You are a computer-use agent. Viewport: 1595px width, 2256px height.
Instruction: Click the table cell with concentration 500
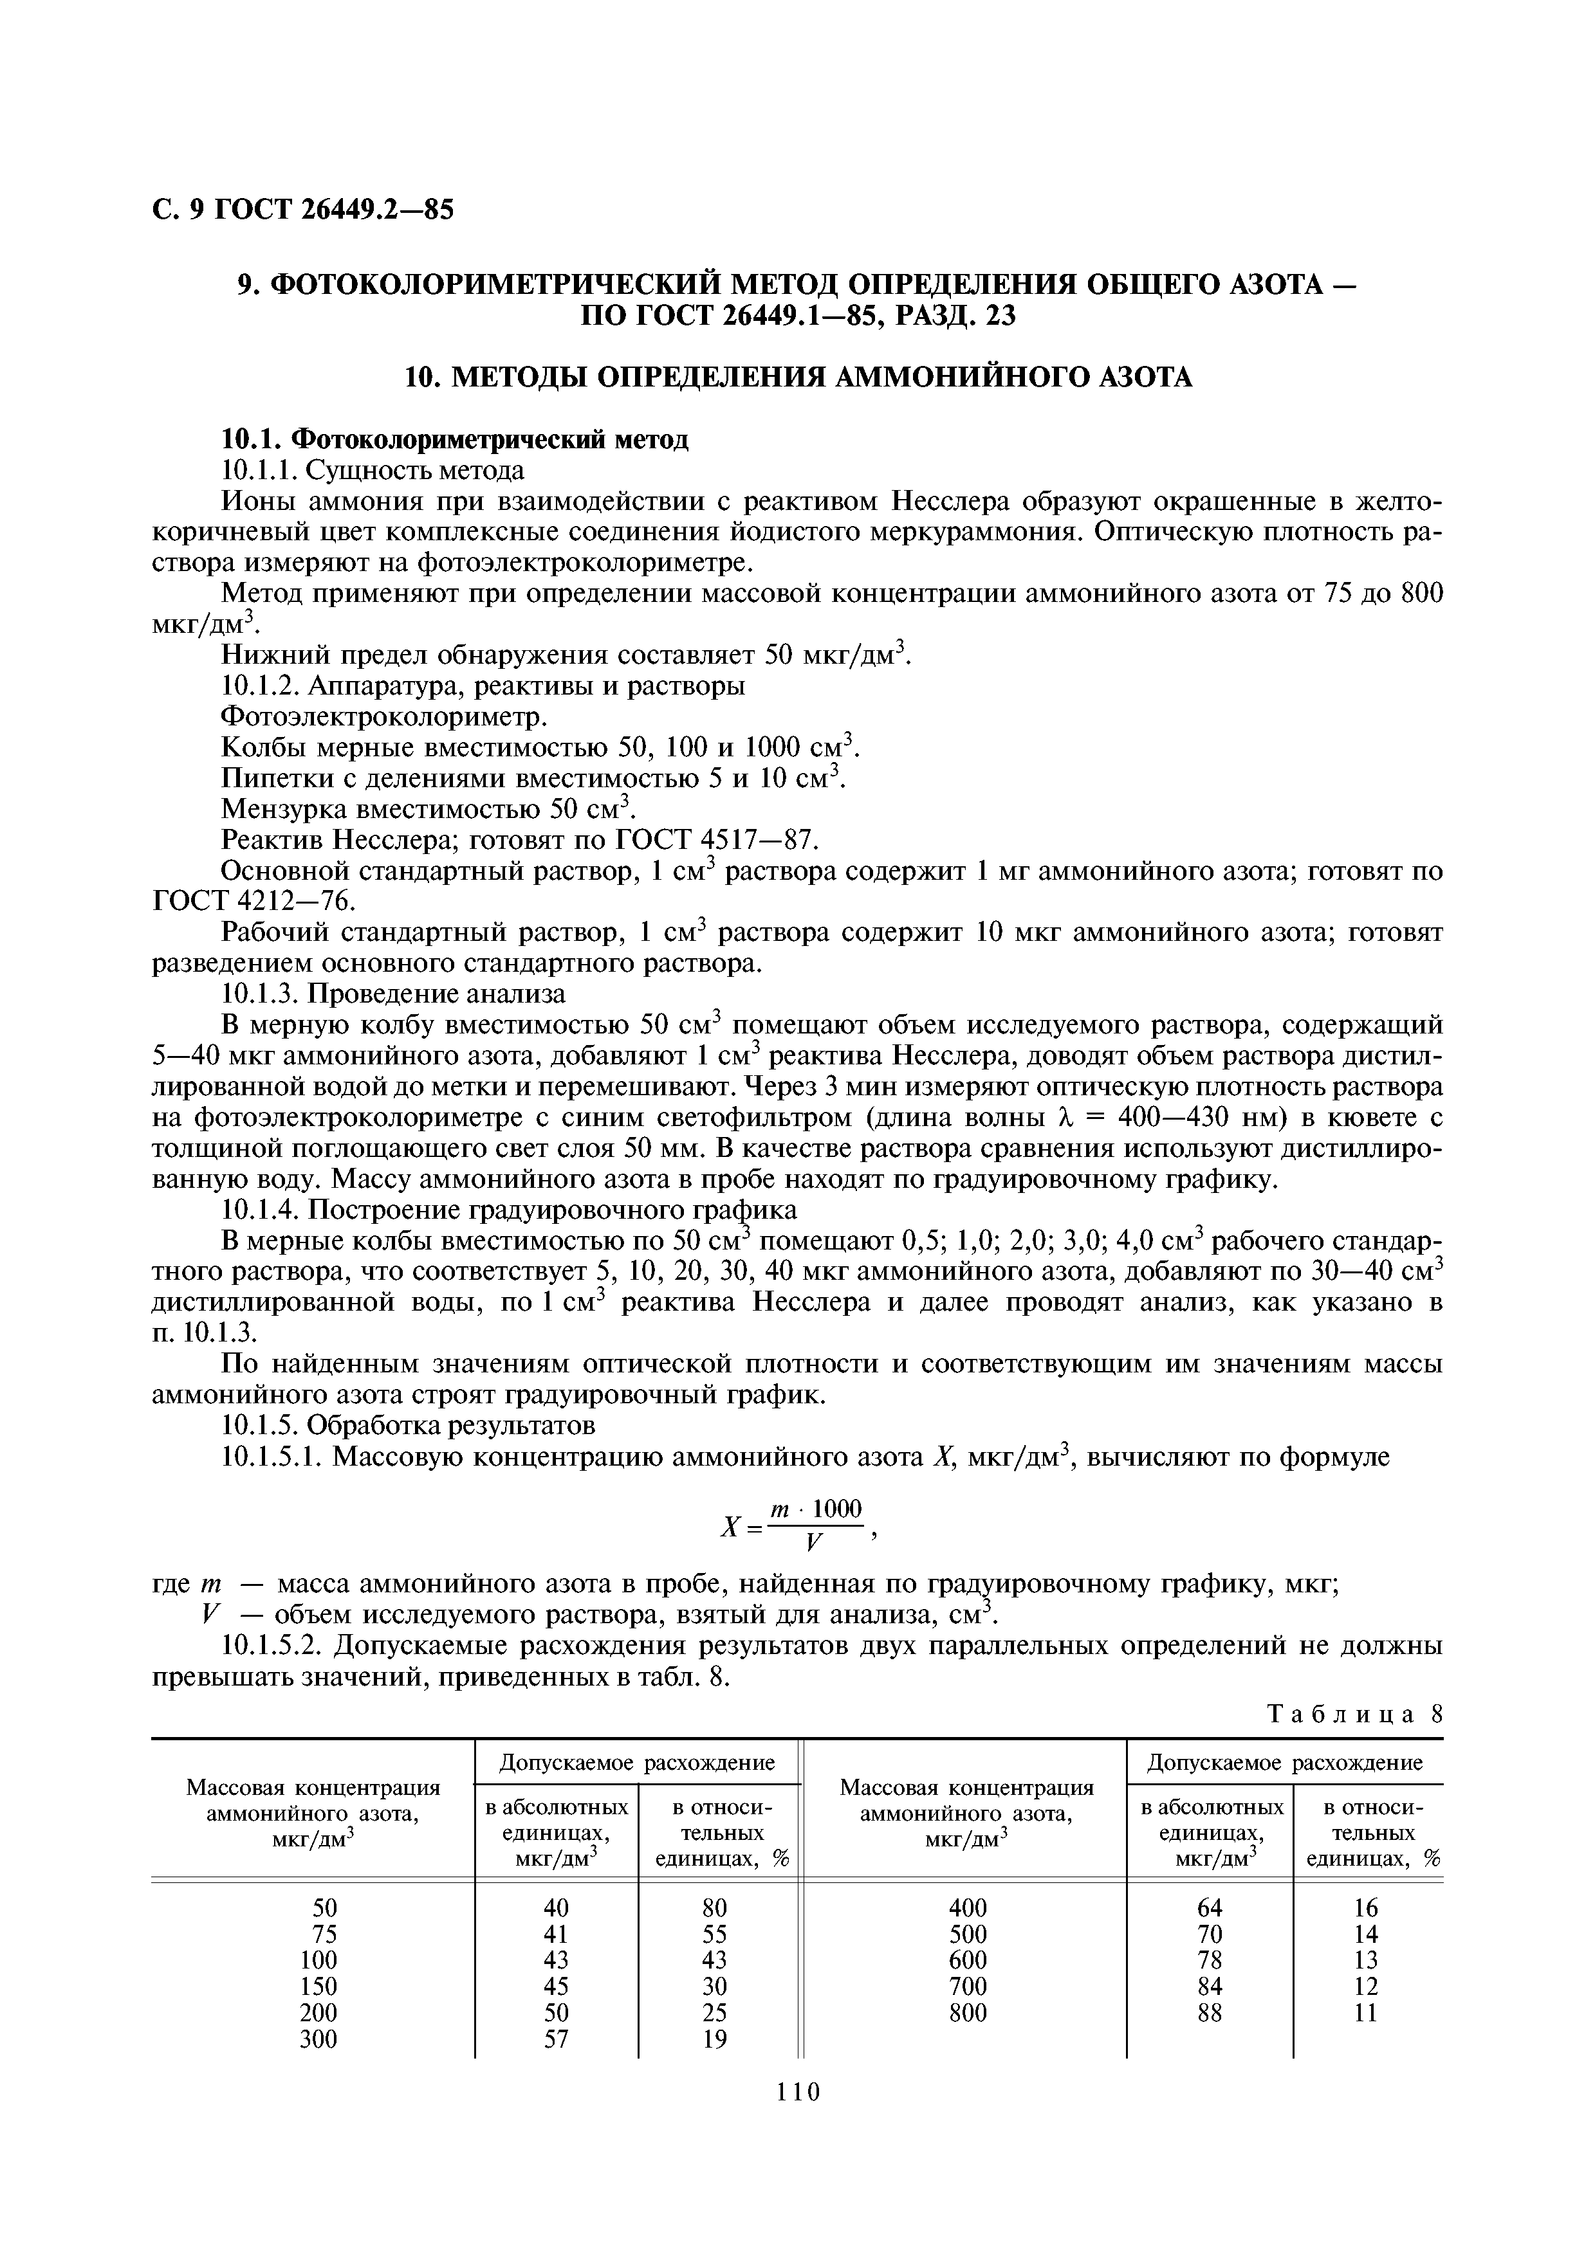tap(968, 1934)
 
